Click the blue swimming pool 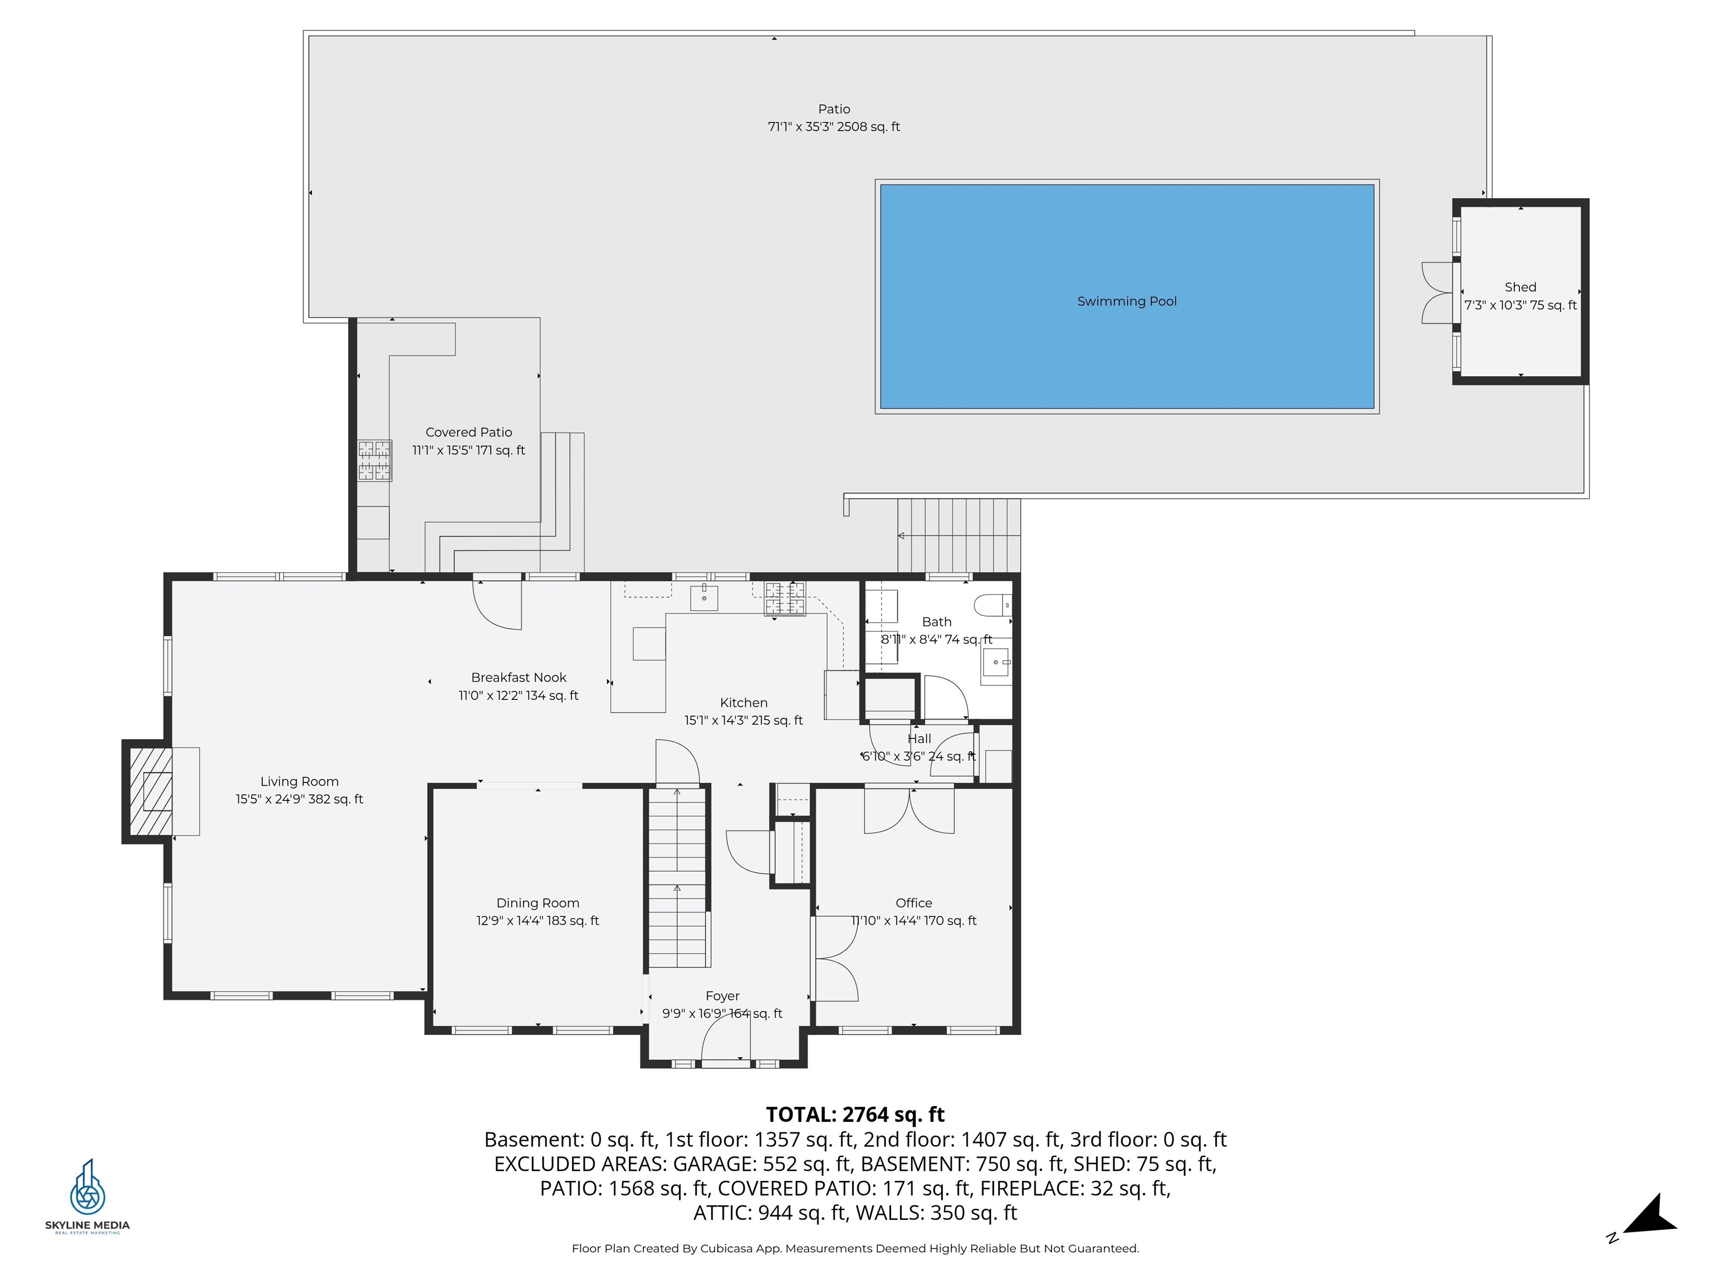point(1127,296)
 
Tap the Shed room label point(1520,287)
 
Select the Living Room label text point(299,782)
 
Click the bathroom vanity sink point(996,663)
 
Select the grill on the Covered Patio point(374,460)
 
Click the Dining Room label point(537,903)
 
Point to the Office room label point(913,903)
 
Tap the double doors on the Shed point(1438,293)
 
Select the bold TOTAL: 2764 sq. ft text point(855,1115)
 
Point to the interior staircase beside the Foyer point(678,876)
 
